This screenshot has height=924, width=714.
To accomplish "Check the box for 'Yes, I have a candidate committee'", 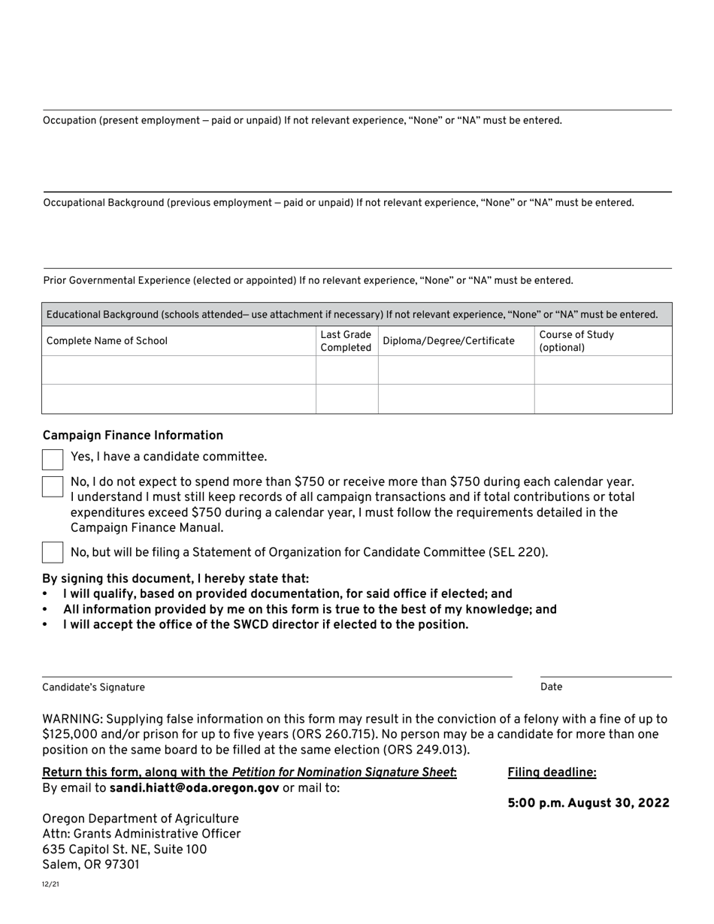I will pos(53,460).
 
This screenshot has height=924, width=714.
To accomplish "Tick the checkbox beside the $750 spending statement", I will pos(53,486).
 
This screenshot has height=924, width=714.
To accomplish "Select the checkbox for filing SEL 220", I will pos(53,552).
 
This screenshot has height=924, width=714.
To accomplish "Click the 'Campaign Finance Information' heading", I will pos(133,436).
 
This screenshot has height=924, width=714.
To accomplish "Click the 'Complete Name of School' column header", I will pos(107,341).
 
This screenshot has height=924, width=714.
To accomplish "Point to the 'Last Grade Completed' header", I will pos(346,341).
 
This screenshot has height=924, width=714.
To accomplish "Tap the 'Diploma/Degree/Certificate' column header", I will pos(449,341).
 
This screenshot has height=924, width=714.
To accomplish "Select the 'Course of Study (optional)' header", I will pos(576,341).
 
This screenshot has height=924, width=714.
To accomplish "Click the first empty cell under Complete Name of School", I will pos(179,370).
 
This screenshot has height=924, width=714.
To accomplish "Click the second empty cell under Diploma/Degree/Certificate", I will pos(455,399).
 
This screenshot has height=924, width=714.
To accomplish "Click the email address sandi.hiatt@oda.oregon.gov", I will pos(195,788).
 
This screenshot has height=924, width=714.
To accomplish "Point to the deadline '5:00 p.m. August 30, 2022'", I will pos(588,803).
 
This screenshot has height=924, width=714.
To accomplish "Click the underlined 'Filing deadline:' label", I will pos(552,772).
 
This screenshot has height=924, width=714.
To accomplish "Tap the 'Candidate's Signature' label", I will pos(93,687).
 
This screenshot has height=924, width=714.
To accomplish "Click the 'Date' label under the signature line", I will pos(551,687).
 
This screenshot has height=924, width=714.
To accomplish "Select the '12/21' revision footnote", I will pos(50,884).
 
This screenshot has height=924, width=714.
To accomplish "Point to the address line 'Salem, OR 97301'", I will pos(91,864).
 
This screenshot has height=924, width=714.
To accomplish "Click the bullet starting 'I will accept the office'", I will pos(265,625).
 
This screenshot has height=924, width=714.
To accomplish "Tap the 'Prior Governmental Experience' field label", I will pos(307,281).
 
